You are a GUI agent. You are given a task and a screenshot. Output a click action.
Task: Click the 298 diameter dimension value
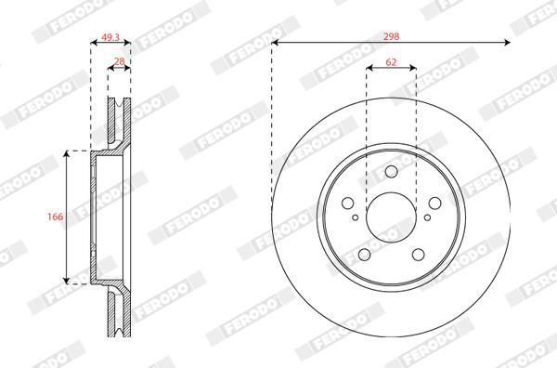(x=391, y=36)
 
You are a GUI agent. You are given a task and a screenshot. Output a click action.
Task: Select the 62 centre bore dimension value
(x=391, y=62)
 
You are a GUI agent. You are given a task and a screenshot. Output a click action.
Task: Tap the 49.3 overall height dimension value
(x=110, y=37)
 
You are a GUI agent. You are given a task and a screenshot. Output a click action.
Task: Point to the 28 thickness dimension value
(x=120, y=61)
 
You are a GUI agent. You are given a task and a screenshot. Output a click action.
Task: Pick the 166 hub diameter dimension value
(x=56, y=217)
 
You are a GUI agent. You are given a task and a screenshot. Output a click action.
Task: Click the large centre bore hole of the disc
(x=391, y=217)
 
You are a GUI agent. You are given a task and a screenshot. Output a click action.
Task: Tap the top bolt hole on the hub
(x=391, y=171)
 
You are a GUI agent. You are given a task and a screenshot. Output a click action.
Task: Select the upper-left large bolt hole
(x=347, y=204)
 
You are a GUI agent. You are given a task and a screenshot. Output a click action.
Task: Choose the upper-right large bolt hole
(x=434, y=203)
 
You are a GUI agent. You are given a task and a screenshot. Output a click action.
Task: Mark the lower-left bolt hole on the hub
(x=364, y=255)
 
